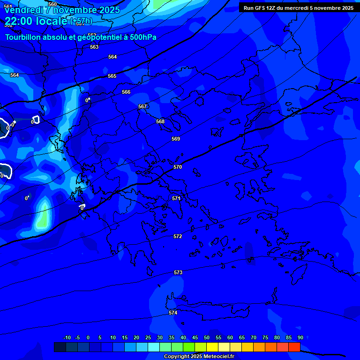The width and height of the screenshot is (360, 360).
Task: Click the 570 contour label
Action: (178, 167)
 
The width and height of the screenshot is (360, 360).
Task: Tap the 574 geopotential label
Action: (173, 313)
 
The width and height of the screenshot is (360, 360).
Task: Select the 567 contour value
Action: (142, 106)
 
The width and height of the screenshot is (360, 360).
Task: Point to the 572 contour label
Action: (178, 236)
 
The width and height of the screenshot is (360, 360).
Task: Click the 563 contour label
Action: (94, 47)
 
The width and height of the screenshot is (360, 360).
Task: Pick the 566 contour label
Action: (126, 92)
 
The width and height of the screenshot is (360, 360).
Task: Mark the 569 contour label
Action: (176, 139)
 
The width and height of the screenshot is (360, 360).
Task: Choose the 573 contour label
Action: (178, 272)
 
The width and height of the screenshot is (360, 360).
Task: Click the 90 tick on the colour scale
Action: (300, 337)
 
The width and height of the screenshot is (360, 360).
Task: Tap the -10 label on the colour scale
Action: (67, 337)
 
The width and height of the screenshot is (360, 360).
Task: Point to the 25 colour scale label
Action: (148, 337)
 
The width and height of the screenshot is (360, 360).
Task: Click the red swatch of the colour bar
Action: (294, 347)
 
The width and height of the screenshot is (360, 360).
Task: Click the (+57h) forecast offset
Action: (81, 21)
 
